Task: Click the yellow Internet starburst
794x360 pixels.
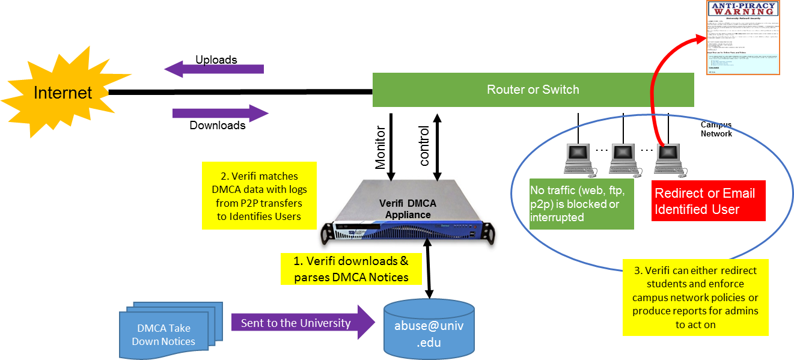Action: (x=63, y=93)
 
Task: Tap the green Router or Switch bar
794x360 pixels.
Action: (x=533, y=90)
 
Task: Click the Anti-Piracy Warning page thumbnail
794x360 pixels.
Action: (x=742, y=38)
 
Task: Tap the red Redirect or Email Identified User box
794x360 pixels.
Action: (x=708, y=201)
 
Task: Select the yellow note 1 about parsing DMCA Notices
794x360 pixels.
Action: (x=351, y=269)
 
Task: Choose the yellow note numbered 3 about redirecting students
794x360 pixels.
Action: (x=695, y=297)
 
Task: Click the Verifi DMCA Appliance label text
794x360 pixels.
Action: (x=408, y=209)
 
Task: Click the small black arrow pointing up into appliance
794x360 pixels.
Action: (x=427, y=246)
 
